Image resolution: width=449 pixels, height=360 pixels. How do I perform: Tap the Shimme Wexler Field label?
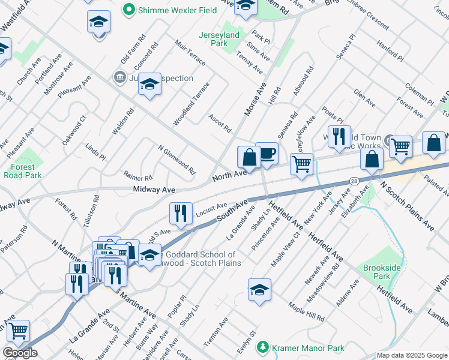(x=169, y=9)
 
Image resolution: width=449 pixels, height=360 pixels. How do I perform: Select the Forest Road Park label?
(x=23, y=172)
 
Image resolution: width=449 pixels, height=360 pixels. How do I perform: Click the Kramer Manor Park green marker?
(x=262, y=347)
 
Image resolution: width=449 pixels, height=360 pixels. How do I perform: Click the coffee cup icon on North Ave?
(x=267, y=154)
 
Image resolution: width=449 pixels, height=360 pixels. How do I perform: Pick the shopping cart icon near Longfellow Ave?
(x=301, y=164)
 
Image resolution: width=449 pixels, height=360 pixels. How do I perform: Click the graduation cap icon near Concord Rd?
(x=150, y=85)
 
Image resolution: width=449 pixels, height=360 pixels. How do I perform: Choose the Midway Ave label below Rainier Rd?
(x=154, y=190)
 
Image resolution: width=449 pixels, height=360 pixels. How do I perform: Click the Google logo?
(x=19, y=353)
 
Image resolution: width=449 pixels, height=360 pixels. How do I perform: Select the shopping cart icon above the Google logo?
(x=18, y=331)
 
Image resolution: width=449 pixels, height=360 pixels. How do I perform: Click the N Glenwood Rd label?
(x=177, y=159)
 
